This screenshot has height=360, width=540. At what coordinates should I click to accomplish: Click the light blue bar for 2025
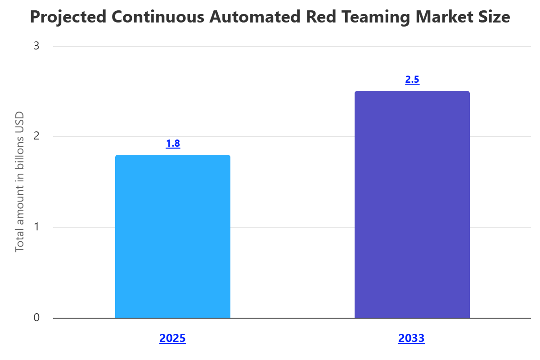pos(173,236)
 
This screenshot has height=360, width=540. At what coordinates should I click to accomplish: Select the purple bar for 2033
pos(412,205)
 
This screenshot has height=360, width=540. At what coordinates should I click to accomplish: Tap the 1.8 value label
pos(173,144)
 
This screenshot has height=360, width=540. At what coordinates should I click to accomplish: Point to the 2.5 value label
pos(412,80)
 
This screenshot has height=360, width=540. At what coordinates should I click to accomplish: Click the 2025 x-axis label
pos(172,338)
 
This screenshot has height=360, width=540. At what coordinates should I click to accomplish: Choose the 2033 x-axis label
pos(411,338)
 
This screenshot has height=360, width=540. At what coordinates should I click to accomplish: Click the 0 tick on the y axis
pos(36,318)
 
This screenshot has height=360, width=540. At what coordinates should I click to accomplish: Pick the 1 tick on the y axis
pos(36,227)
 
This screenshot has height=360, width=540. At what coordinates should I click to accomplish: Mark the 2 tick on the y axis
pos(36,136)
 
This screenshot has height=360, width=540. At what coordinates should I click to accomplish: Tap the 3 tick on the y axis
pos(36,46)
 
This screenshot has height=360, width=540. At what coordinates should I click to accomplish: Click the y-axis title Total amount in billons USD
pos(19,181)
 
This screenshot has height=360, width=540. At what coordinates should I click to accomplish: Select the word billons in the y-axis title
pos(19,152)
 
